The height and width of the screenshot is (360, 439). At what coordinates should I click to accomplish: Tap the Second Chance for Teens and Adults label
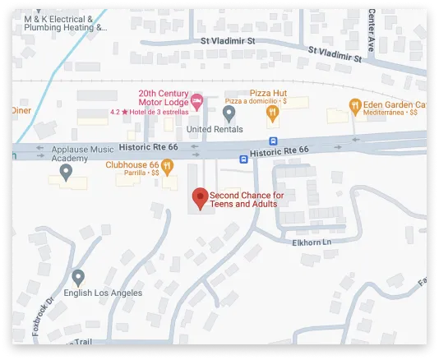pyautogui.click(x=247, y=199)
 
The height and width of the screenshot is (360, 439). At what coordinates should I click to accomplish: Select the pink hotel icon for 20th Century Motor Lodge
pyautogui.click(x=196, y=101)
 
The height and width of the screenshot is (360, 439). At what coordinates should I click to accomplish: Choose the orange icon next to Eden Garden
pyautogui.click(x=354, y=104)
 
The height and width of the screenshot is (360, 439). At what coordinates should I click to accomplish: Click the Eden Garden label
pyautogui.click(x=395, y=104)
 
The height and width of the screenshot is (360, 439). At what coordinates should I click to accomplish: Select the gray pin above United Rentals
pyautogui.click(x=229, y=112)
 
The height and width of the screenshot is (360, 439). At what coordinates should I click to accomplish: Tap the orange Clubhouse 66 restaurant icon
pyautogui.click(x=167, y=167)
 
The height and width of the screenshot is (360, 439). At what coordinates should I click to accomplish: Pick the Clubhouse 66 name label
pyautogui.click(x=132, y=164)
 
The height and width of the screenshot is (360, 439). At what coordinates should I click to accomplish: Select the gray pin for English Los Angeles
pyautogui.click(x=78, y=276)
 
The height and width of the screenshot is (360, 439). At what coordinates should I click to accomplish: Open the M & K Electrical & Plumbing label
pyautogui.click(x=65, y=22)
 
